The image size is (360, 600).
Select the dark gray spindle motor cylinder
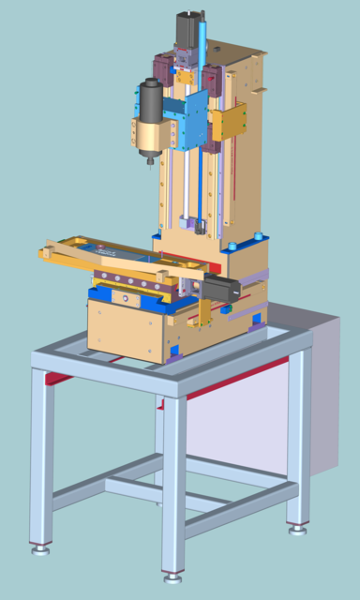click(x=149, y=99)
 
